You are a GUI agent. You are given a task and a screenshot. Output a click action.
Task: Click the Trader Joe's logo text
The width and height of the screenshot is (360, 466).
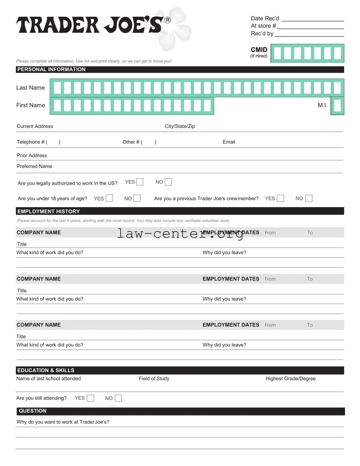89,25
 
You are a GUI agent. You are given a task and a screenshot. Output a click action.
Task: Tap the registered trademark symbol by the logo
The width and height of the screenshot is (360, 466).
168,20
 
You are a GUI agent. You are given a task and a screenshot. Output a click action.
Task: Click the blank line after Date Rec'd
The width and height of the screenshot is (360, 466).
313,19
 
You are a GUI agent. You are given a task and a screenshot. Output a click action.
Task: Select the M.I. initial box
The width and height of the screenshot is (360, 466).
337,106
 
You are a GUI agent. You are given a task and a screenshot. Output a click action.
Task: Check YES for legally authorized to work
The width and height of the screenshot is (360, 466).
140,182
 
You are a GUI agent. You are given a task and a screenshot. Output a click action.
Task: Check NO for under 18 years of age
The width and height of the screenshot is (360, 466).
137,198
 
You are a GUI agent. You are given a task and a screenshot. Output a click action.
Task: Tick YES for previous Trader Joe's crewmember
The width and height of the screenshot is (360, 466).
280,198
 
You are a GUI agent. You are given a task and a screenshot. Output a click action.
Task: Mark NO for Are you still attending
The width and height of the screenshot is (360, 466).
118,398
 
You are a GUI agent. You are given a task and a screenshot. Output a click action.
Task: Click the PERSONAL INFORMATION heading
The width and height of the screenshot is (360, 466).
51,70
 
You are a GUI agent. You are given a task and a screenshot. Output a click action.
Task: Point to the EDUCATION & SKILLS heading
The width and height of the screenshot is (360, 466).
46,370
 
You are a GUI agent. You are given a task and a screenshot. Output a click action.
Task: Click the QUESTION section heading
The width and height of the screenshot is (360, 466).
33,411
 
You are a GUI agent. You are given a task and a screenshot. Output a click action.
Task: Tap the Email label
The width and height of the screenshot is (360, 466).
229,142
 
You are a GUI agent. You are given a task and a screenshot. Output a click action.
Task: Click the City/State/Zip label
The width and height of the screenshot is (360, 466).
180,126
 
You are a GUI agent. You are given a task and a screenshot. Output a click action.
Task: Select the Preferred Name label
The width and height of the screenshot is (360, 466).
35,166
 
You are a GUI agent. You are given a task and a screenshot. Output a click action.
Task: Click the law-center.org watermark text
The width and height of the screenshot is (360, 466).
180,233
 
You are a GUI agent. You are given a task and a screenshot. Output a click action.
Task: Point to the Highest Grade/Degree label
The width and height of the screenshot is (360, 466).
290,379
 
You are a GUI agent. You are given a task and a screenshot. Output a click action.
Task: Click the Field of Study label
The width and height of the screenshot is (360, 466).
154,379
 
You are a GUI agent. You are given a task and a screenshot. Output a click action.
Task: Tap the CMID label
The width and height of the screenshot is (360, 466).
259,50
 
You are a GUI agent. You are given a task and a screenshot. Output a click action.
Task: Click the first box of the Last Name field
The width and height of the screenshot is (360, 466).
57,88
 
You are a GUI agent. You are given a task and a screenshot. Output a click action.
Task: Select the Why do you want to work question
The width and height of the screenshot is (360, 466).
63,422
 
